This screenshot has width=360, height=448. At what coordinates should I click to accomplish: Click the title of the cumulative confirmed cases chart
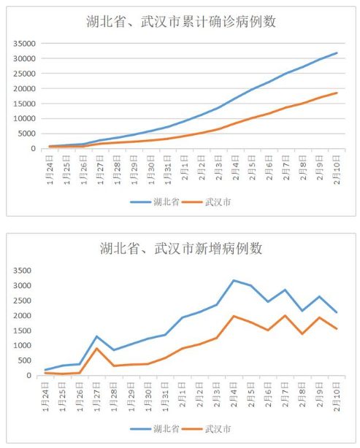click(181, 21)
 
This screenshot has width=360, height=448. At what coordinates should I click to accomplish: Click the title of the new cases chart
click(181, 249)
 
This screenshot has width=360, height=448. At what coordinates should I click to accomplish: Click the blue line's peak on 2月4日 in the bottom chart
click(234, 280)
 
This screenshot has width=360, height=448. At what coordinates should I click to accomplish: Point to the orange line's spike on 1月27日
click(97, 348)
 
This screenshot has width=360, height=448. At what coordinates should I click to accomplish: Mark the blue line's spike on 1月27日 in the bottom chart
click(97, 336)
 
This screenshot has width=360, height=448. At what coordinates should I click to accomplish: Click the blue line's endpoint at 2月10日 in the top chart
click(337, 53)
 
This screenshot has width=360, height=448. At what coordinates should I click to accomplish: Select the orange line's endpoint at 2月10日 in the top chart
click(337, 93)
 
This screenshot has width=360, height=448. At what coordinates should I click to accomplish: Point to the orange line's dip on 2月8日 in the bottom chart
click(302, 333)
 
